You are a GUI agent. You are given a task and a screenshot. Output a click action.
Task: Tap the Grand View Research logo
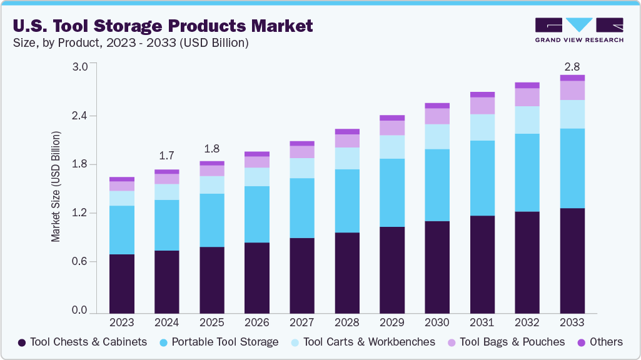[x=579, y=29]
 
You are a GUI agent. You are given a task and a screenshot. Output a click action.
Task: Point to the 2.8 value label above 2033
[x=572, y=66]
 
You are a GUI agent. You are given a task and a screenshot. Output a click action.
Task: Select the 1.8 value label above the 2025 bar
[x=211, y=149]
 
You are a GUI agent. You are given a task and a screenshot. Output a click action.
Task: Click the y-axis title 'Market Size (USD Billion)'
[x=56, y=187]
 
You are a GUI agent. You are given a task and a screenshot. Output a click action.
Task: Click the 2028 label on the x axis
[x=347, y=322]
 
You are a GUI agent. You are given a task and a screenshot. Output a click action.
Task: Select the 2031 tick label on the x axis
[x=482, y=322]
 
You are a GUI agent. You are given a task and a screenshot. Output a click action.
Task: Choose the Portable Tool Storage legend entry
[x=219, y=342]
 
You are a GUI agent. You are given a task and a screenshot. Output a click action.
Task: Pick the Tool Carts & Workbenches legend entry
[x=363, y=342]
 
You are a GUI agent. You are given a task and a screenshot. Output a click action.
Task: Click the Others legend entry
[x=600, y=342]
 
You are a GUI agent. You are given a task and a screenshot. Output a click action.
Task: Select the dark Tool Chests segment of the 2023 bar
[x=121, y=283]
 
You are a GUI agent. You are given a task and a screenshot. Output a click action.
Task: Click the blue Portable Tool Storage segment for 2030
[x=437, y=185]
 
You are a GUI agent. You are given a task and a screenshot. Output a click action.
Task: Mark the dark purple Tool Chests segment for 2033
[x=572, y=260]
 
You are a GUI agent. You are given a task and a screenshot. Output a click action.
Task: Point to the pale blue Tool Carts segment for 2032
[x=527, y=120]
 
